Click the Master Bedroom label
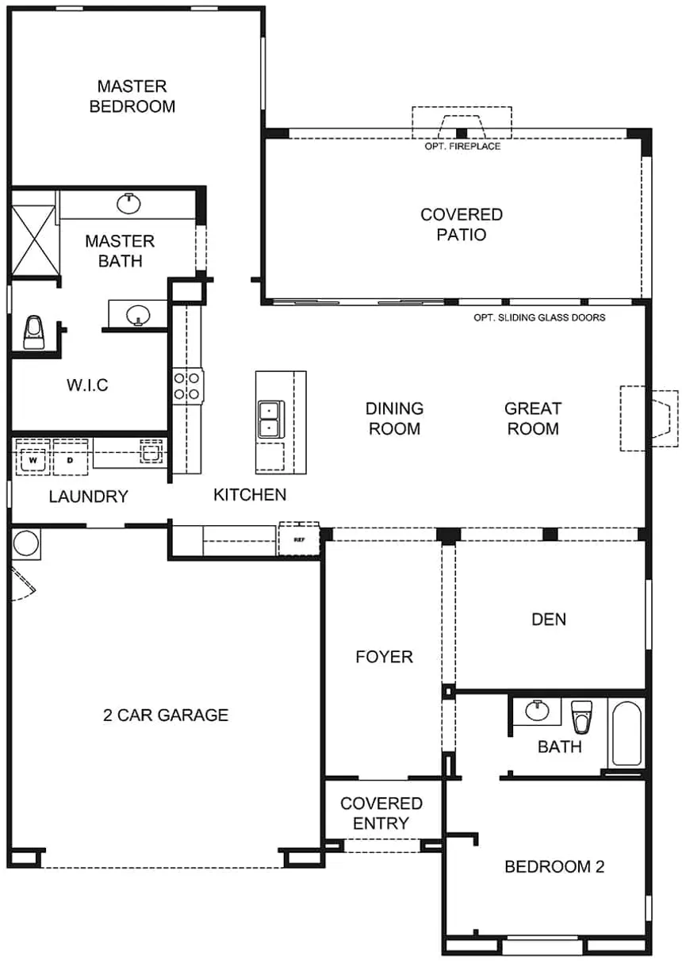(132, 96)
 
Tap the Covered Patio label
(462, 224)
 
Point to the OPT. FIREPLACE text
(462, 146)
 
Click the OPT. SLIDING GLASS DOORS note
(539, 318)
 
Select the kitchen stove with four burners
(188, 386)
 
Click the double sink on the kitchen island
(270, 419)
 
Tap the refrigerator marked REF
(299, 539)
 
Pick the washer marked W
(33, 460)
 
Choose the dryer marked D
(70, 460)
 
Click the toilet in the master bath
(33, 332)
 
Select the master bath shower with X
(33, 240)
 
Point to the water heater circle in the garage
(26, 543)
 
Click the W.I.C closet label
(87, 385)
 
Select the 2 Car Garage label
(166, 715)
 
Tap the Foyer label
(384, 657)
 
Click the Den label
(549, 619)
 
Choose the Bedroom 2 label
(554, 866)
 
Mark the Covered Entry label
(381, 813)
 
